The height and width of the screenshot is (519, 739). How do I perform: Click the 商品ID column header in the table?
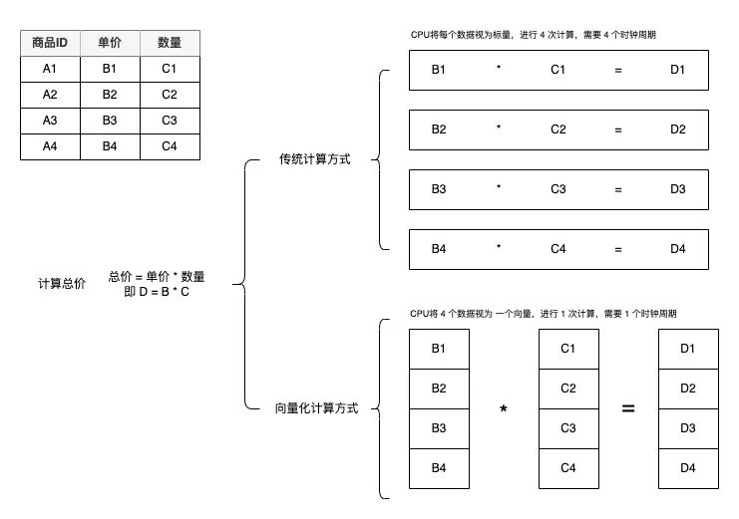pos(50,43)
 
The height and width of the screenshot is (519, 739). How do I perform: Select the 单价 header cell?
pos(110,43)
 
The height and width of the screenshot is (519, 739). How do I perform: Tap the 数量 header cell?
pos(169,43)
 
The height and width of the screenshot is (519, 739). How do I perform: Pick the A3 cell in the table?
pos(50,121)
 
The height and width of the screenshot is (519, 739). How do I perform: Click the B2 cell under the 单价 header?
pos(110,95)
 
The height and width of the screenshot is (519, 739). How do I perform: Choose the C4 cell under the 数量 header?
pos(169,146)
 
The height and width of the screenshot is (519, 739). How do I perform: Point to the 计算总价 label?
pos(62,284)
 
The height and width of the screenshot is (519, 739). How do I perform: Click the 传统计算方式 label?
pos(314,159)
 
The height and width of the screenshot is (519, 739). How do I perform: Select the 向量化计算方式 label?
pos(315,407)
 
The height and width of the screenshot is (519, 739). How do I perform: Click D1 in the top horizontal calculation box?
pos(678,71)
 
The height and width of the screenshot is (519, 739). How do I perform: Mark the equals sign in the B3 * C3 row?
pos(618,189)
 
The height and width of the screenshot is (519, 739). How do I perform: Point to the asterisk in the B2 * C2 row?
pos(499,130)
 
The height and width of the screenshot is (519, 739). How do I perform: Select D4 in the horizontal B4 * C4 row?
pos(678,249)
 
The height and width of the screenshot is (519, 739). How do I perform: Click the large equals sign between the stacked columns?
pos(628,408)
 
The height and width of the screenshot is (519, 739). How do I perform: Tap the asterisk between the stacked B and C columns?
pos(503,409)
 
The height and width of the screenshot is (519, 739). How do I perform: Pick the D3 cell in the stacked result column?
pos(687,428)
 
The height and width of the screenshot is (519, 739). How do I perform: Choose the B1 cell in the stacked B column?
pos(439,349)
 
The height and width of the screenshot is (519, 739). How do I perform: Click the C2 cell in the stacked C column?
pos(567,389)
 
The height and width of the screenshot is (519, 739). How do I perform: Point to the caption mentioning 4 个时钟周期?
pos(533,35)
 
